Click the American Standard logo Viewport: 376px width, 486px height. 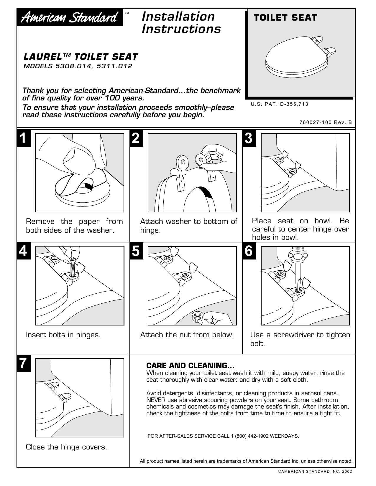click(70, 17)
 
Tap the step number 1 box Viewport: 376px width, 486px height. click(24, 138)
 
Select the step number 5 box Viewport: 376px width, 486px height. click(136, 251)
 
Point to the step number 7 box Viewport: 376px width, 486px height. click(24, 364)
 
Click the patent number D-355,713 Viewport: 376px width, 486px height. click(294, 104)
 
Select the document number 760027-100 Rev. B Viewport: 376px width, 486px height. click(326, 122)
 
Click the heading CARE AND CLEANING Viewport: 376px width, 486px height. click(190, 366)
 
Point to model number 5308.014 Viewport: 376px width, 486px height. click(73, 67)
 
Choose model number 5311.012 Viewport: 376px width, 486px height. click(114, 67)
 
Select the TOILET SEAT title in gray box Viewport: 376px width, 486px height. click(285, 18)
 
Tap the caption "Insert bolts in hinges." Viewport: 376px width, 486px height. click(63, 335)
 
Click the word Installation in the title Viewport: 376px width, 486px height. click(178, 16)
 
